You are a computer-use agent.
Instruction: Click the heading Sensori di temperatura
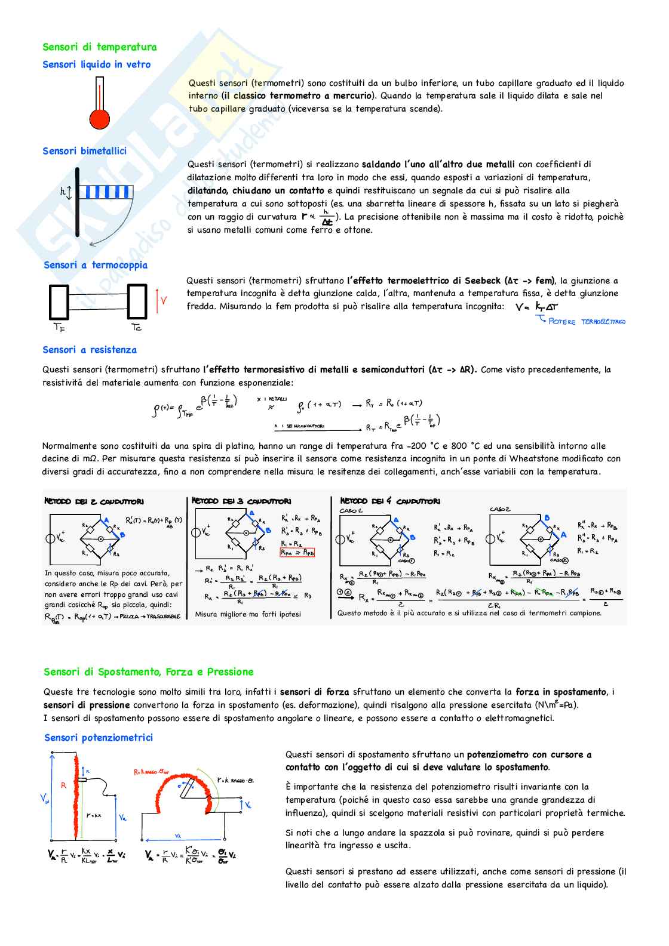click(99, 47)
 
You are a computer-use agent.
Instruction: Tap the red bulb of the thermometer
click(100, 118)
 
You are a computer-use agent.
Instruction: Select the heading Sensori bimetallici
click(84, 151)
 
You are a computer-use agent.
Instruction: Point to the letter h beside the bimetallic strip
click(63, 192)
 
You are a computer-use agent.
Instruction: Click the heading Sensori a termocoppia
click(96, 265)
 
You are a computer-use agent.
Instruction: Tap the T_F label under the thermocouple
click(59, 328)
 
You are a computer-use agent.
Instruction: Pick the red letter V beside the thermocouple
click(164, 301)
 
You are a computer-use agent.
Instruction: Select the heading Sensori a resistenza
click(90, 350)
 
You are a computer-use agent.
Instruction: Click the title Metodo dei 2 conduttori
click(94, 502)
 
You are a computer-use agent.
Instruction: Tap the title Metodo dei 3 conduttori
click(241, 501)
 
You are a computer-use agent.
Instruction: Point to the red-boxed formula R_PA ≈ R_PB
click(297, 553)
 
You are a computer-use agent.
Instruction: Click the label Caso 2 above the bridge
click(500, 509)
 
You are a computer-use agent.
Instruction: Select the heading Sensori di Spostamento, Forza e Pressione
click(149, 672)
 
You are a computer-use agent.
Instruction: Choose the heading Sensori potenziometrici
click(99, 738)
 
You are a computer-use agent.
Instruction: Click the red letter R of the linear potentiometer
click(64, 785)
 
